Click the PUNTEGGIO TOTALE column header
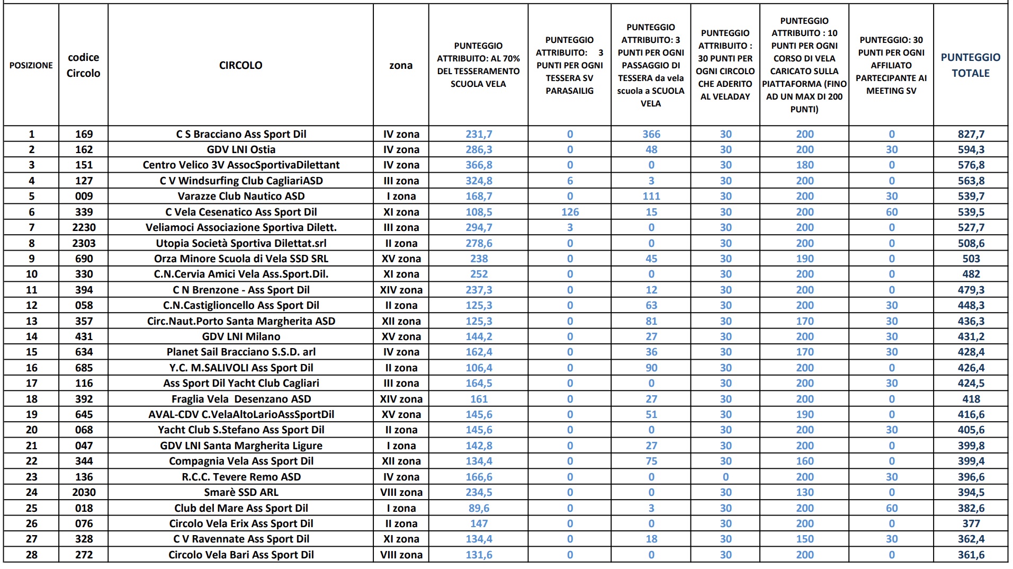click(970, 65)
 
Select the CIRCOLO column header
click(240, 65)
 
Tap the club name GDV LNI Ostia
click(241, 149)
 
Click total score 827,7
click(971, 134)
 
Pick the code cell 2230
click(84, 227)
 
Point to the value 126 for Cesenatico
click(570, 212)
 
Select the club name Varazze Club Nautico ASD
click(241, 196)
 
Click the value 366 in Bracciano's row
click(651, 134)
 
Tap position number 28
click(31, 555)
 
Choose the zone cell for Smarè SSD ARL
click(401, 492)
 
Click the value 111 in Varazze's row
click(651, 196)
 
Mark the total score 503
click(971, 259)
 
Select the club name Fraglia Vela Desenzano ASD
click(241, 399)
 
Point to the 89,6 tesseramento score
click(478, 508)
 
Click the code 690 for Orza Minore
click(84, 259)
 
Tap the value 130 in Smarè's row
click(804, 492)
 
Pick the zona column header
click(401, 65)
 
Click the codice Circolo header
click(83, 65)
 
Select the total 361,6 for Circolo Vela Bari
click(971, 555)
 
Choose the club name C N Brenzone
click(241, 290)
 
